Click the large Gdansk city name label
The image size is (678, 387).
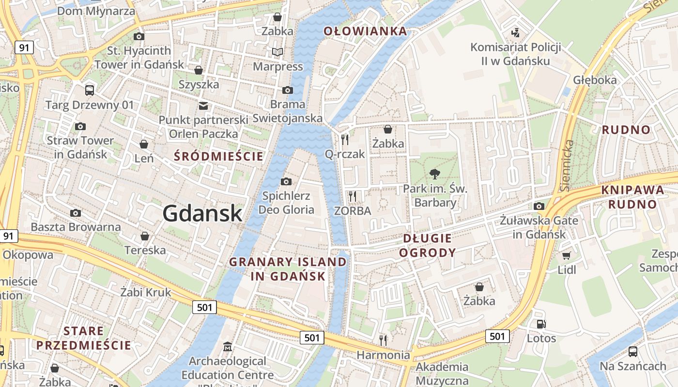pyautogui.click(x=202, y=213)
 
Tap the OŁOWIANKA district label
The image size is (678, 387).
pyautogui.click(x=365, y=31)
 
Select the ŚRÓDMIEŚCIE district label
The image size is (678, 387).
pyautogui.click(x=219, y=156)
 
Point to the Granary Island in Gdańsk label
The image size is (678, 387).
pyautogui.click(x=288, y=269)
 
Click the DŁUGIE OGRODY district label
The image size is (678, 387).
pyautogui.click(x=428, y=245)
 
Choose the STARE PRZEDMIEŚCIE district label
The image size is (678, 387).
pyautogui.click(x=84, y=338)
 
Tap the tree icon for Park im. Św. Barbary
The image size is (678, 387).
pyautogui.click(x=434, y=174)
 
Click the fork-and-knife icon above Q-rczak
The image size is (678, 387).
pyautogui.click(x=345, y=140)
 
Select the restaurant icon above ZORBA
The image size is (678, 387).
pyautogui.click(x=353, y=196)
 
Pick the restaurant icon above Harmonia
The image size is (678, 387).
pyautogui.click(x=383, y=340)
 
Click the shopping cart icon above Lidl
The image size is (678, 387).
pyautogui.click(x=567, y=255)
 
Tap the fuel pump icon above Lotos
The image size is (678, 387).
pyautogui.click(x=541, y=324)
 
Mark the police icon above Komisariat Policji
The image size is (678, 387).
pyautogui.click(x=516, y=33)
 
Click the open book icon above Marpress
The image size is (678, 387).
pyautogui.click(x=277, y=52)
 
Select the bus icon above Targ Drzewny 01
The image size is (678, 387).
pyautogui.click(x=89, y=90)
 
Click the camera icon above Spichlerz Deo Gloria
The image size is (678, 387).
pyautogui.click(x=286, y=181)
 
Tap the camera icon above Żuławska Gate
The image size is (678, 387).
pyautogui.click(x=539, y=207)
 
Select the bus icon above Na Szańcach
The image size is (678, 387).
pyautogui.click(x=632, y=351)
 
